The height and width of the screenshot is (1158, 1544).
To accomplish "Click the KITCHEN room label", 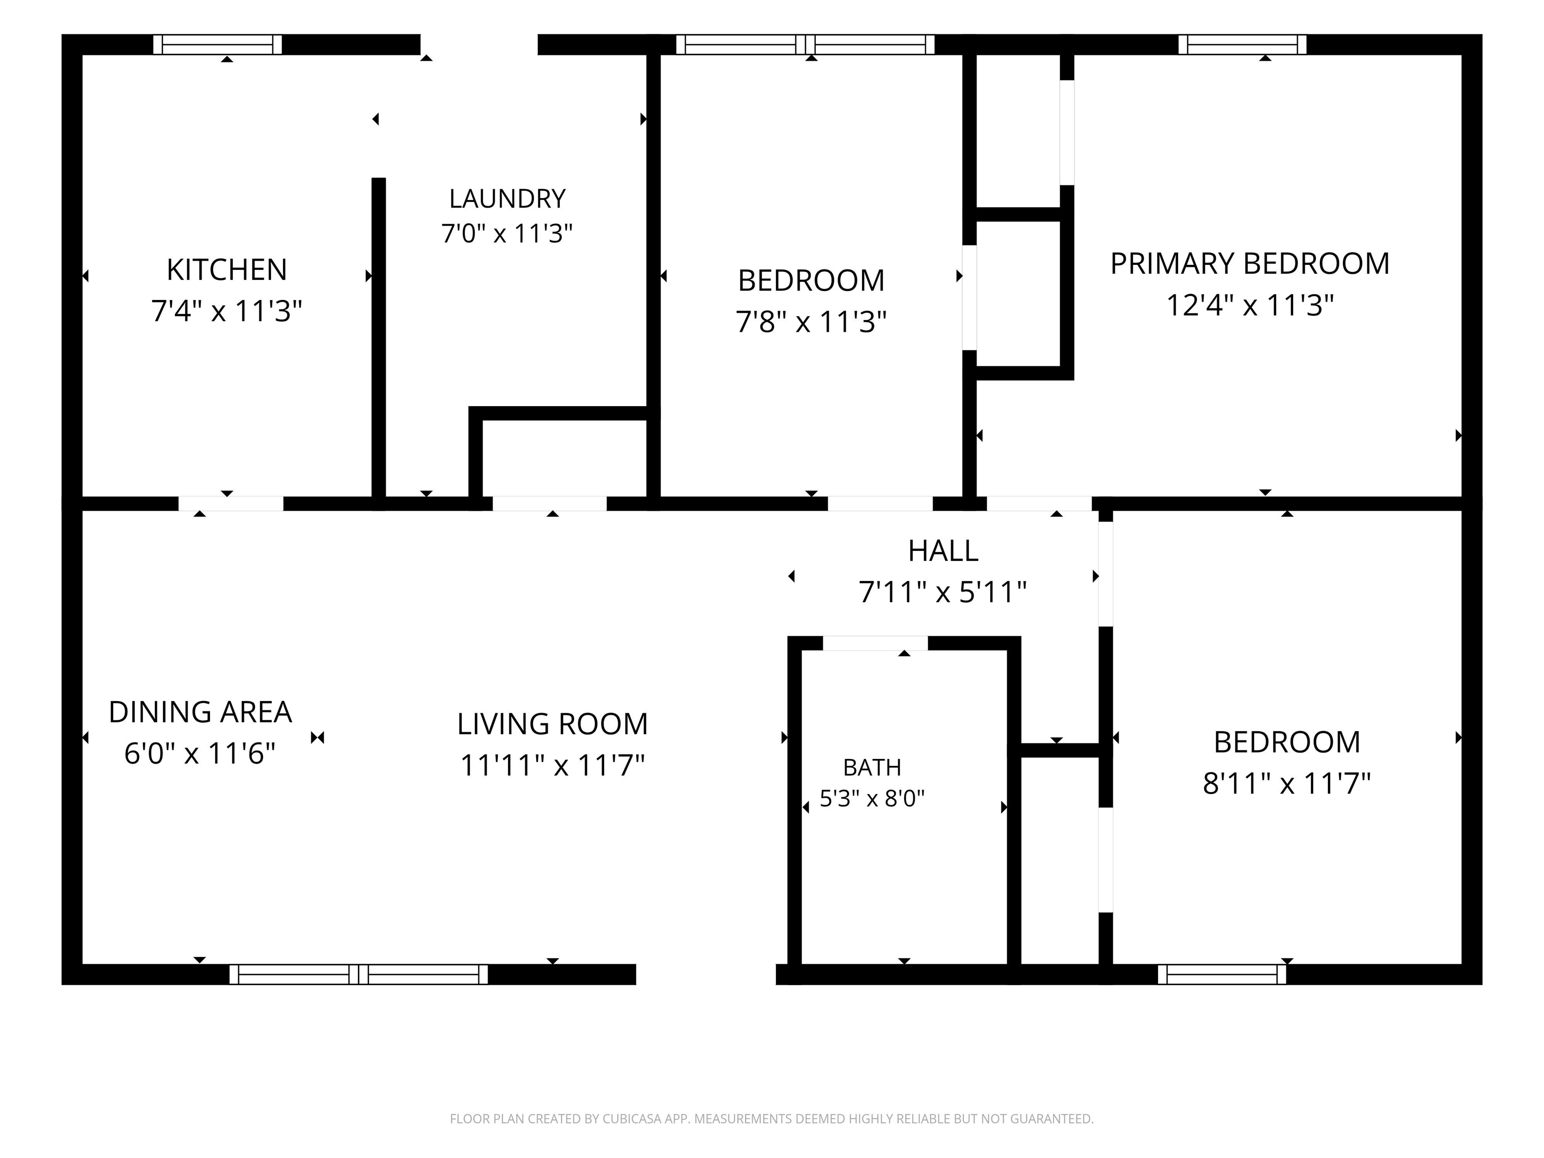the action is tap(227, 269).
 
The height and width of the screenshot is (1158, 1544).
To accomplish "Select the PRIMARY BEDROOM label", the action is tap(1249, 264).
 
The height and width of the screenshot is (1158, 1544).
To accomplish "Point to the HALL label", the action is tap(943, 551).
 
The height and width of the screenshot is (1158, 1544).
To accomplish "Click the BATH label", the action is tap(872, 768).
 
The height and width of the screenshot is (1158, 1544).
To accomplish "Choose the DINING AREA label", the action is tap(201, 712).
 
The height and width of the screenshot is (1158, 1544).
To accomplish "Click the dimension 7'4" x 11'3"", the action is tap(227, 311).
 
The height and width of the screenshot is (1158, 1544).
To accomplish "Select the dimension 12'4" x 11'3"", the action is tap(1250, 305).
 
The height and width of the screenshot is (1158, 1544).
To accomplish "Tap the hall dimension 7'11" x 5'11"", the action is tap(942, 592).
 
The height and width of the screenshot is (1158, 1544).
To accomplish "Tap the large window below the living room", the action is tap(359, 975).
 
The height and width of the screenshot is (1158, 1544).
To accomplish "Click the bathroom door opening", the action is tap(876, 643).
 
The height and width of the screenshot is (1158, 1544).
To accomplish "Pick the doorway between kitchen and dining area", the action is tap(231, 503).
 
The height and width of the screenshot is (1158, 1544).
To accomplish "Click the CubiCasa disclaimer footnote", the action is tap(771, 1119).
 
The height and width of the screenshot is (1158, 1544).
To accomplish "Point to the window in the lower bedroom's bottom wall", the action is tap(1221, 975).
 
